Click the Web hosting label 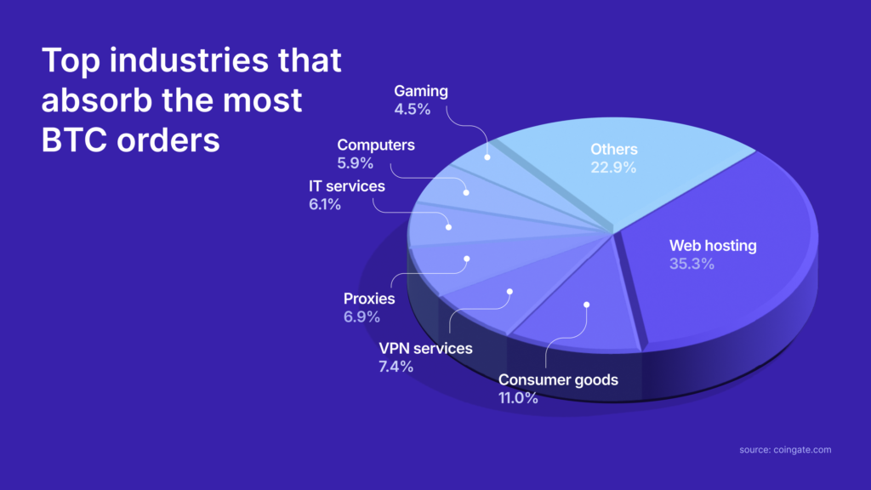click(x=712, y=247)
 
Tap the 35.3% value click(x=692, y=265)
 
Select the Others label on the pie click(x=613, y=150)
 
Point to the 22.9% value click(x=613, y=168)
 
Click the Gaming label click(x=421, y=91)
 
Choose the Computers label click(x=376, y=145)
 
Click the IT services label click(x=346, y=185)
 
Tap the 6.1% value click(x=324, y=204)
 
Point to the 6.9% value click(x=361, y=316)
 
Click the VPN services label click(x=425, y=348)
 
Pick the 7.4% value click(x=396, y=367)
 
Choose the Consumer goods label click(x=558, y=379)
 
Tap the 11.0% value click(x=518, y=397)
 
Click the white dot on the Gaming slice click(x=487, y=157)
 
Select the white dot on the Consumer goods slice click(x=587, y=304)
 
